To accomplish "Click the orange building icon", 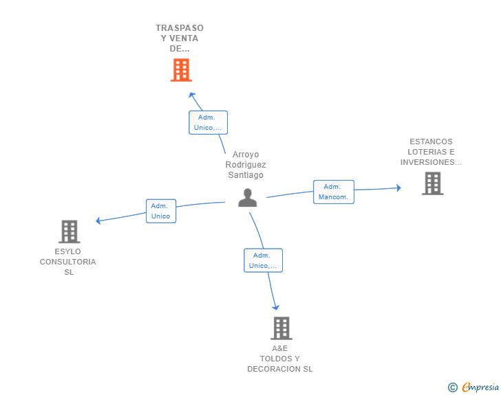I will point(181,70).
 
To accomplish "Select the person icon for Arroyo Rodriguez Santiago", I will point(247,198).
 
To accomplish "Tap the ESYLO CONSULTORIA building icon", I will point(70,232).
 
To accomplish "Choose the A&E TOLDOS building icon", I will point(281,328).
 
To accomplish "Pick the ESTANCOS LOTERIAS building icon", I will point(432,183).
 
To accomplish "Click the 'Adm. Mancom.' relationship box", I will point(334,192).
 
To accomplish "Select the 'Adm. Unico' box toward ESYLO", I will point(160,211).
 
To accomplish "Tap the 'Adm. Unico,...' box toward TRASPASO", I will point(208,122).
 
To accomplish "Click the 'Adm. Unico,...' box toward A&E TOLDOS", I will point(263,260).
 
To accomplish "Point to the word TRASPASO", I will point(180,28).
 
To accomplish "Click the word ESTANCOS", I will point(431,142).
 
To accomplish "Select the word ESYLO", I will point(67,251).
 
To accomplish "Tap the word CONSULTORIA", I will point(67,262).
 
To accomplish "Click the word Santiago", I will point(246,175).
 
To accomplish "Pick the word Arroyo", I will point(246,155).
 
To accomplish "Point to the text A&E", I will point(279,348).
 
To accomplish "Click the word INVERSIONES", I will point(428,163).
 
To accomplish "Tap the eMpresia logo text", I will point(480,387).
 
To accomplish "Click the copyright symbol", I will point(453,387).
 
